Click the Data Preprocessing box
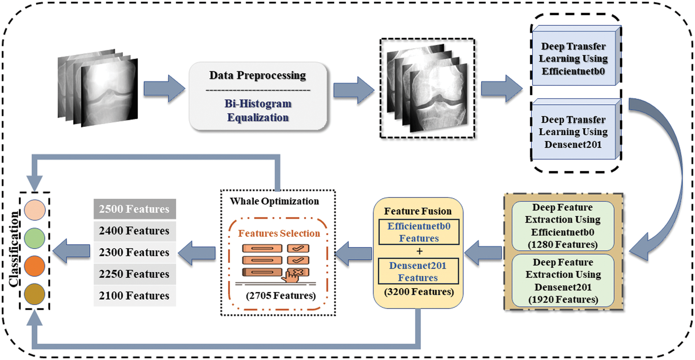pos(258,96)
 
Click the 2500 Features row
pos(135,209)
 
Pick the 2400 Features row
pos(135,231)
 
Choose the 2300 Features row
pos(135,252)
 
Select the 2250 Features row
pos(135,274)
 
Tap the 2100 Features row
pos(135,296)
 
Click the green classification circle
pos(35,238)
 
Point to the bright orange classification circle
pos(35,266)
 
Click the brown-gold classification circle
pos(35,294)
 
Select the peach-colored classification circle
pos(35,210)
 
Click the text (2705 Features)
pos(281,296)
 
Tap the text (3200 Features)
pos(419,292)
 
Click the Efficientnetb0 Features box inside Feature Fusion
pos(419,232)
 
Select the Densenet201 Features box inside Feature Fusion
pos(418,271)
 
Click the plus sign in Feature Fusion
pos(420,251)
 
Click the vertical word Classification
pos(14,249)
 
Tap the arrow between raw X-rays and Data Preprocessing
pos(164,89)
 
